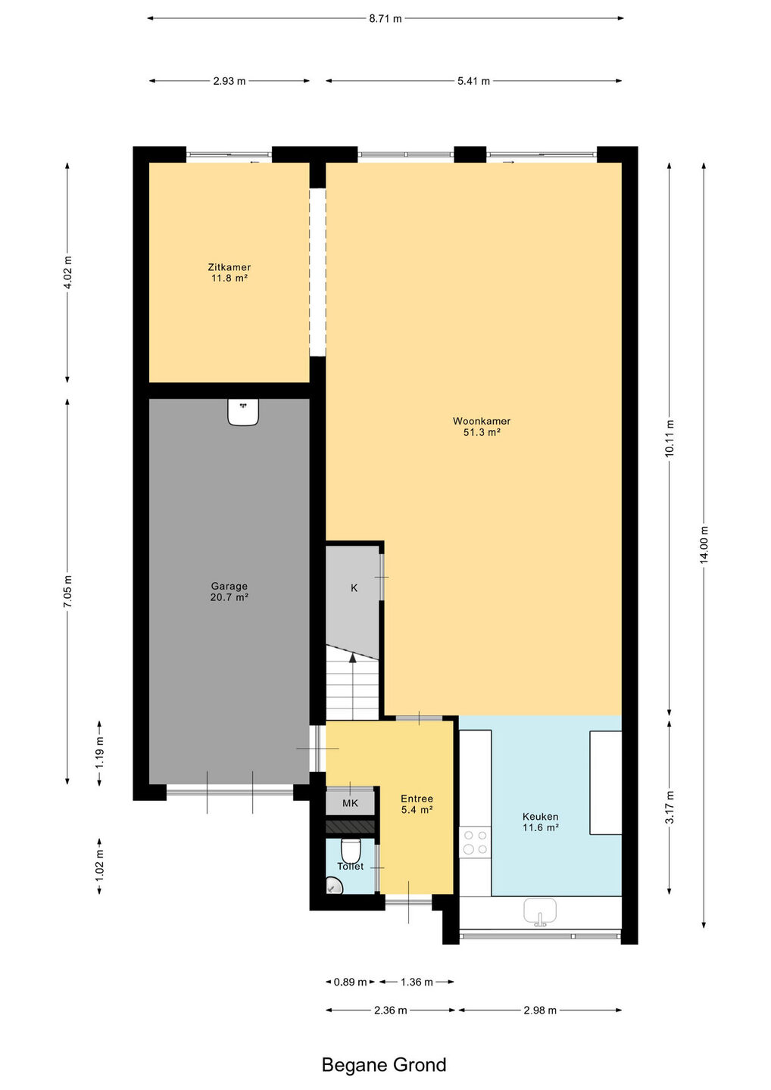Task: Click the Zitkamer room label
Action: click(x=229, y=272)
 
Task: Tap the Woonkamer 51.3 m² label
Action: click(x=482, y=427)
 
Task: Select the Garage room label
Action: click(x=229, y=592)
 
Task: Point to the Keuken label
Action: click(x=540, y=821)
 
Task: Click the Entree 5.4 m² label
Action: click(x=417, y=804)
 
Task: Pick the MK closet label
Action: click(x=350, y=803)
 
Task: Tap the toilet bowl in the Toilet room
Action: click(x=350, y=850)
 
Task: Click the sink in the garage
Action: click(x=243, y=412)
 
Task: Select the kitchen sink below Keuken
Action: click(x=540, y=912)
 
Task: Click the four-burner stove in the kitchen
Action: click(x=475, y=842)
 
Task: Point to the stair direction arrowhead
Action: click(x=353, y=658)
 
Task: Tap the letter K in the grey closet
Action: click(x=354, y=588)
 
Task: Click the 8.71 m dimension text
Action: click(x=385, y=19)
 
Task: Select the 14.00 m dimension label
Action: click(x=704, y=544)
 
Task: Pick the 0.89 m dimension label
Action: click(x=350, y=982)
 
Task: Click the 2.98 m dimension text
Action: click(x=540, y=1011)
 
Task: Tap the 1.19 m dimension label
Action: click(x=99, y=752)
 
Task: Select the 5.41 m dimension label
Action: click(x=473, y=81)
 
